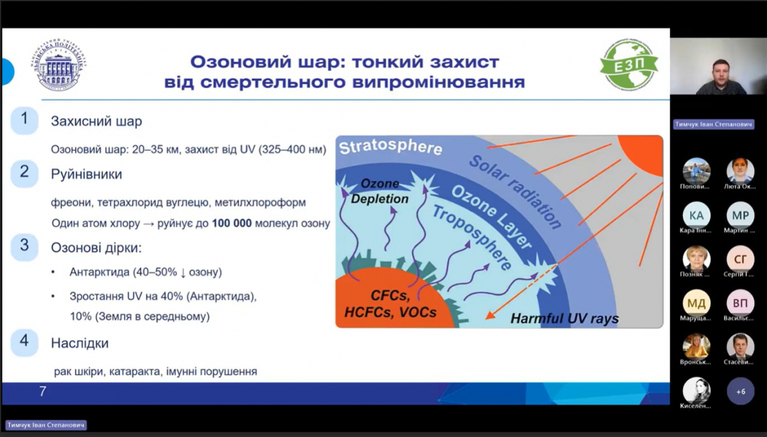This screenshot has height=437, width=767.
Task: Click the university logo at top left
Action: pos(61,66)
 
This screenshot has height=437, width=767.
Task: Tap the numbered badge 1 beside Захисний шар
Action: pos(24,120)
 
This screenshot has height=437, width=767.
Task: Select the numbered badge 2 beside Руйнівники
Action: pos(24,172)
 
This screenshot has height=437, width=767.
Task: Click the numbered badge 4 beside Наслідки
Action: pos(24,342)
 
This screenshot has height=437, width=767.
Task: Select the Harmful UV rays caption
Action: pos(564,318)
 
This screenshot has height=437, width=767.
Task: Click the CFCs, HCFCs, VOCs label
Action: pos(390,304)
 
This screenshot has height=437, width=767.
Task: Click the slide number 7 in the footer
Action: pos(43,391)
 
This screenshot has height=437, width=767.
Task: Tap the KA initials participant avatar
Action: pos(696,215)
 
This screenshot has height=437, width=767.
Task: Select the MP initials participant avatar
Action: pos(740,215)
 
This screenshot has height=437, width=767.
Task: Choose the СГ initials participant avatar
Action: pos(740,259)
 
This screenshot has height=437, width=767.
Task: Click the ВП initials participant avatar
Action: pos(740,303)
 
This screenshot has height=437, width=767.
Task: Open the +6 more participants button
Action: pos(740,391)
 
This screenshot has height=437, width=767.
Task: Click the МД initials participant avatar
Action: pos(696,303)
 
